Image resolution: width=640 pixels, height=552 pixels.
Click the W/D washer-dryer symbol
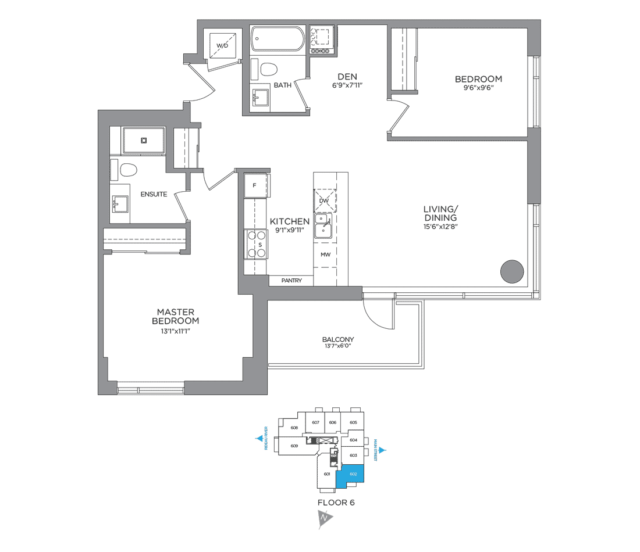pyautogui.click(x=223, y=45)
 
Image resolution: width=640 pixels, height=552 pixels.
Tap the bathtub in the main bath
pyautogui.click(x=278, y=40)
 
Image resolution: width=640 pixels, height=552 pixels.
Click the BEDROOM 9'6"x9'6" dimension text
pyautogui.click(x=478, y=89)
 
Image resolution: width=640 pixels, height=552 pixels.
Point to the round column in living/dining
pyautogui.click(x=513, y=271)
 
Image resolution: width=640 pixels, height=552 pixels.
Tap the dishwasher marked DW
pyautogui.click(x=325, y=200)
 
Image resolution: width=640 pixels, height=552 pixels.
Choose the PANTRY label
pyautogui.click(x=291, y=281)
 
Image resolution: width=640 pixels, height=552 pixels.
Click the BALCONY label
pyautogui.click(x=338, y=339)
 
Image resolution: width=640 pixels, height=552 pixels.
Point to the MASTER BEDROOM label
pyautogui.click(x=175, y=316)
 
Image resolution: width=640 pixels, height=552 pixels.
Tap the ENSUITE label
pyautogui.click(x=154, y=194)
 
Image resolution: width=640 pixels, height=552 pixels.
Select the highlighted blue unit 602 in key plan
pyautogui.click(x=353, y=474)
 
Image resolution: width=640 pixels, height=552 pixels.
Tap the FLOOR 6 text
pyautogui.click(x=336, y=503)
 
